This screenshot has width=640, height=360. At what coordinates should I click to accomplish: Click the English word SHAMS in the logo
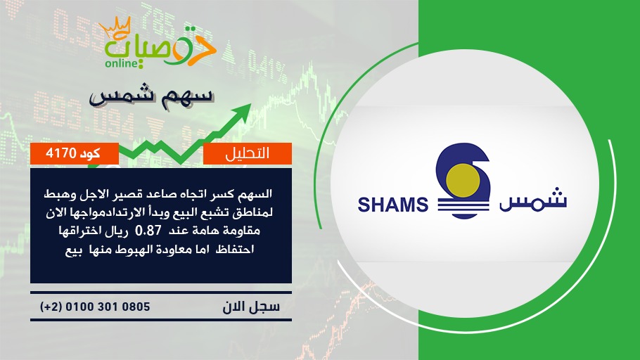click(x=392, y=205)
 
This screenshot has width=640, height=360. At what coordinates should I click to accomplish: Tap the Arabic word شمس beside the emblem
click(x=533, y=200)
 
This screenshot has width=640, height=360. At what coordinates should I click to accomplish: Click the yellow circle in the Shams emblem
click(x=463, y=181)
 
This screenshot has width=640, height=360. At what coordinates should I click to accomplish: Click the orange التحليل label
click(x=248, y=153)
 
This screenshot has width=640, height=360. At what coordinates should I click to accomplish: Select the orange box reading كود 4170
click(x=75, y=153)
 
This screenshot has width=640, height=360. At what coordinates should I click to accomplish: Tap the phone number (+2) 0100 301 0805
click(x=95, y=307)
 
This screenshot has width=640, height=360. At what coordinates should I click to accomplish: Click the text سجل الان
click(x=252, y=307)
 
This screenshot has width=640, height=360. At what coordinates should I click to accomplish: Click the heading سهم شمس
click(x=152, y=96)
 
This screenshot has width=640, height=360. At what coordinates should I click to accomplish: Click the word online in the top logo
click(x=121, y=63)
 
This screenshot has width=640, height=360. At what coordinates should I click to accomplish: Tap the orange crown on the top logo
click(x=115, y=27)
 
